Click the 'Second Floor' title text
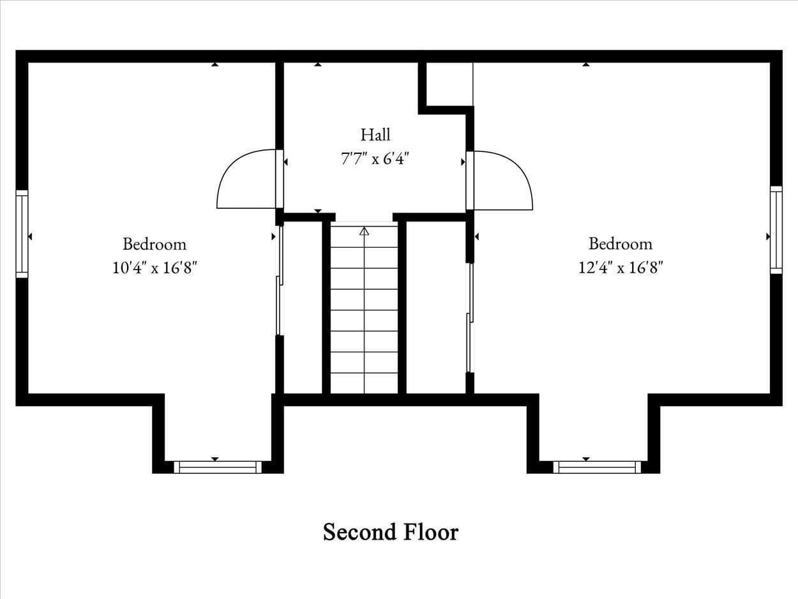coord(390,532)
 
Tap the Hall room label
coord(375,135)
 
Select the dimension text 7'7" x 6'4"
coord(375,158)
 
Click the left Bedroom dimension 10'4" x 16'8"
coord(154,268)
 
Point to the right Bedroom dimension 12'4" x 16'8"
coord(621,268)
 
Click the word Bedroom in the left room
coord(154,244)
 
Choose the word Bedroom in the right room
coord(621,244)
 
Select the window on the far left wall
coord(22,234)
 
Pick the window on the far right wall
coord(776,230)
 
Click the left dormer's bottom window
coord(218,467)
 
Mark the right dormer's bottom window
coord(597,467)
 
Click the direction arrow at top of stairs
coord(364,231)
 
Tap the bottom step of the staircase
coord(364,383)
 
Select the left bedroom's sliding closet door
coord(279,281)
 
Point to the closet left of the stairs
coord(303,307)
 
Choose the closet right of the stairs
coord(435,307)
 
